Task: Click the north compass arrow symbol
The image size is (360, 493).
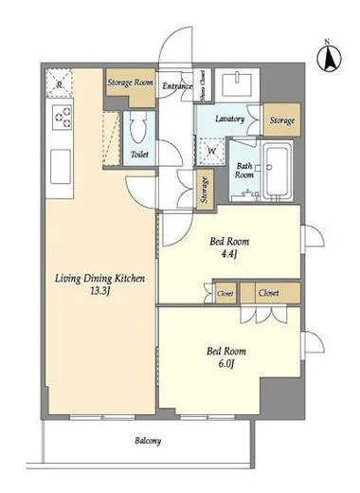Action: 330,58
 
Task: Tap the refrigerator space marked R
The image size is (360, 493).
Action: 59,83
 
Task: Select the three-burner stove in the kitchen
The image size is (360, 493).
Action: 63,117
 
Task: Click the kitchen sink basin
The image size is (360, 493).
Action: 61,167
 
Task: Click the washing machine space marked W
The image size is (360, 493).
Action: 210,152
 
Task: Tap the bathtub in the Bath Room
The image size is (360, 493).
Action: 278,171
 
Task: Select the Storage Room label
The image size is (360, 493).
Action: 130,82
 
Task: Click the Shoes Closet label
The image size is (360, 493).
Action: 203,85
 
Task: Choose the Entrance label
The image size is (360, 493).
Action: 177,86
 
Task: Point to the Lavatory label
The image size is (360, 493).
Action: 230,119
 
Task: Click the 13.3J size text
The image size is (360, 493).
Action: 99,291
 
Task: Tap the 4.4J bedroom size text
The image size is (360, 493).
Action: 229,254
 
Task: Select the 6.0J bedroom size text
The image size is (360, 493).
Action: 226,364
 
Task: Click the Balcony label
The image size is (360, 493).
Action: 148,441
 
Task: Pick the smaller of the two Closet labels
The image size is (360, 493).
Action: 225,294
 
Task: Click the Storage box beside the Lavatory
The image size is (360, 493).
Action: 282,120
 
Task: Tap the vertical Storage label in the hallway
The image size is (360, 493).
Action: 205,190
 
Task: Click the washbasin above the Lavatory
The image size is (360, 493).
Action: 237,84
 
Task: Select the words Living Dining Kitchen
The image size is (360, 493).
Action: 99,279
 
